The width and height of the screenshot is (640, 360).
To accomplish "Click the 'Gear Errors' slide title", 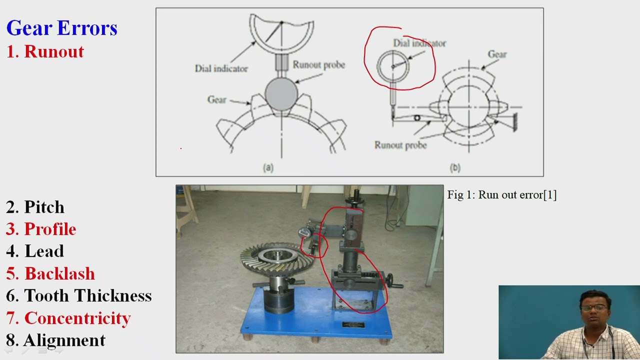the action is click(x=61, y=28).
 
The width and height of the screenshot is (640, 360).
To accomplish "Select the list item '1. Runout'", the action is click(x=45, y=51).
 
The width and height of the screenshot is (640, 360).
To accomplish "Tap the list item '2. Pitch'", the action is click(x=35, y=207).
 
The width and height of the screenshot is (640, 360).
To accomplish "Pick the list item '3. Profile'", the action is click(x=41, y=229).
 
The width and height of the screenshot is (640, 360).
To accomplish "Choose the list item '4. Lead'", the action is click(x=35, y=251).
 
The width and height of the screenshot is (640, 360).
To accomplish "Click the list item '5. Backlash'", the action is click(x=50, y=273).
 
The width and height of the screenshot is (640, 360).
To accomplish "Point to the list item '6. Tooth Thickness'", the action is click(x=79, y=295).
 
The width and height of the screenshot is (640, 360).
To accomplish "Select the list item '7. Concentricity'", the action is click(x=68, y=318).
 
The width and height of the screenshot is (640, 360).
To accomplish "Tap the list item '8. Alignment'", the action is click(x=55, y=340).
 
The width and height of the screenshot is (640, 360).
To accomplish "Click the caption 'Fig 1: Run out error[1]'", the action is click(x=502, y=195).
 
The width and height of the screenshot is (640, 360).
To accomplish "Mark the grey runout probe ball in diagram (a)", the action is click(x=281, y=93).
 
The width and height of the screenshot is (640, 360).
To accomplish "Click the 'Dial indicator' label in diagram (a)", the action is click(x=221, y=68).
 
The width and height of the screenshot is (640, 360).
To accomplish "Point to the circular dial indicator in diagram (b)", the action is click(x=393, y=66).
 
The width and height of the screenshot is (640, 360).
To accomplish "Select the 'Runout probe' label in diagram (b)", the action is click(x=400, y=145).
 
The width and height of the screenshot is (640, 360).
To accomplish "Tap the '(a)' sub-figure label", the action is click(x=268, y=167).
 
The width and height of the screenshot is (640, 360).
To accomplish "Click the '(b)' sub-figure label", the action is click(x=455, y=167).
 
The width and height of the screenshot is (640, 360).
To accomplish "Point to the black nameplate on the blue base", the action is click(x=353, y=325).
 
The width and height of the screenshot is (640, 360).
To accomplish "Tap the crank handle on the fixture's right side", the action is click(x=393, y=281).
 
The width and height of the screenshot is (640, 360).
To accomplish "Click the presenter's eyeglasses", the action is click(x=595, y=307).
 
